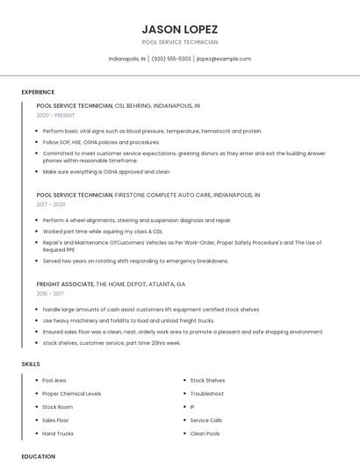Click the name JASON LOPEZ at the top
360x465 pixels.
tap(179, 29)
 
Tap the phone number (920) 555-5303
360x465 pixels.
tap(170, 59)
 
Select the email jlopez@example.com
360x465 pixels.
tap(224, 59)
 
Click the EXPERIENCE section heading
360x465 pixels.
tap(38, 92)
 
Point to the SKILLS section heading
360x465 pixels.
tap(31, 363)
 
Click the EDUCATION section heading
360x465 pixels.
tap(39, 456)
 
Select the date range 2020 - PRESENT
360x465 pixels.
tap(55, 115)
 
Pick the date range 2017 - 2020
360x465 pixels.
tap(51, 204)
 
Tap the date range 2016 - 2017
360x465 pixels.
tap(51, 294)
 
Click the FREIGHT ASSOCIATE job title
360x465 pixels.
tap(66, 284)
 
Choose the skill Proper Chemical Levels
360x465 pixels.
tap(71, 394)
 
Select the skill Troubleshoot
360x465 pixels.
tap(207, 394)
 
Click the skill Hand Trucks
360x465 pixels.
tap(58, 433)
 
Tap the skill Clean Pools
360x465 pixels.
tap(205, 433)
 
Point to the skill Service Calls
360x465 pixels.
tap(206, 420)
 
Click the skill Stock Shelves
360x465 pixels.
tap(207, 381)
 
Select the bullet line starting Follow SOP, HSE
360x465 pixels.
tap(101, 141)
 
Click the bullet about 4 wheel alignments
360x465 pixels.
tap(136, 220)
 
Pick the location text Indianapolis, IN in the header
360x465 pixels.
tap(127, 59)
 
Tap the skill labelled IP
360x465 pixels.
tap(192, 407)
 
